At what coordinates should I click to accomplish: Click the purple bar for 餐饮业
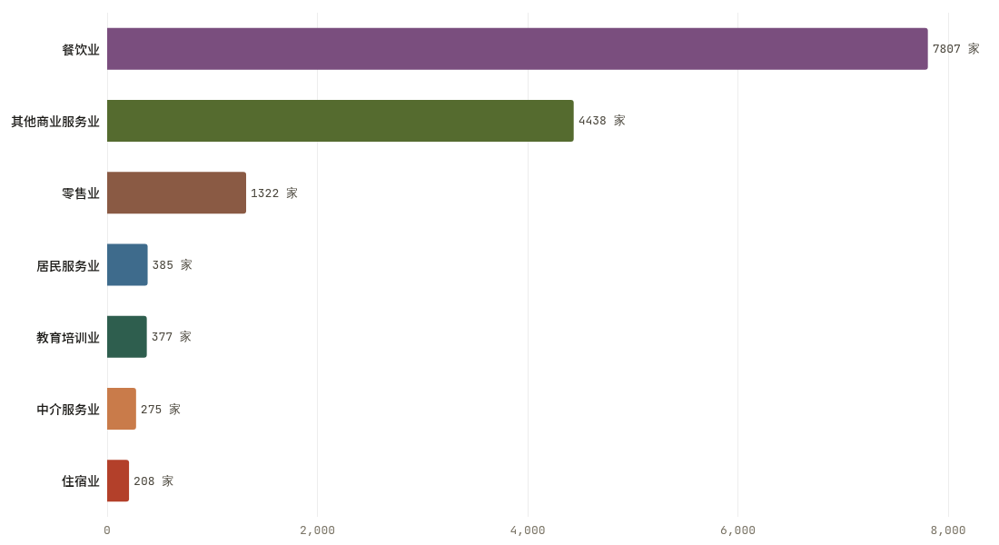click(x=518, y=48)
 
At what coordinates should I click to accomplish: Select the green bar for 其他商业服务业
click(x=341, y=121)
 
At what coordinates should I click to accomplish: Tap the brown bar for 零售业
click(x=176, y=193)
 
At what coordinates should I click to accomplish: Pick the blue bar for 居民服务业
click(x=127, y=264)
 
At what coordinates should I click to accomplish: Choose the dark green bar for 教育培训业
click(x=127, y=337)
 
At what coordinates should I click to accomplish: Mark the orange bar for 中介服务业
click(x=122, y=409)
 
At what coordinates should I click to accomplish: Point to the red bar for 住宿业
click(x=118, y=481)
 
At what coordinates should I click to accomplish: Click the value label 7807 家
click(x=955, y=48)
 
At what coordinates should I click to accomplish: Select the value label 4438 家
click(x=601, y=121)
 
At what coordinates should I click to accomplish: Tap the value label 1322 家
click(x=274, y=193)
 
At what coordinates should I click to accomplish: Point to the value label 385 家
click(x=172, y=264)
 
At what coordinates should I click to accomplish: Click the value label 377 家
click(x=172, y=337)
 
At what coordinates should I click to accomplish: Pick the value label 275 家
click(x=161, y=409)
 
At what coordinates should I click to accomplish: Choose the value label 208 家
click(x=153, y=481)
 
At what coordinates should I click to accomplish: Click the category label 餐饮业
click(x=81, y=49)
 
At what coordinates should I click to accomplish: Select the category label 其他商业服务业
click(x=55, y=121)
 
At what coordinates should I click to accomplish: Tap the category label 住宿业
click(x=81, y=481)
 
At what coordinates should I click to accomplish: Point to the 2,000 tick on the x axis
click(x=317, y=530)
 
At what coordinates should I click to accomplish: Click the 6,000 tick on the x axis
click(x=737, y=530)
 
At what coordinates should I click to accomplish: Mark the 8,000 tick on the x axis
click(x=948, y=530)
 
